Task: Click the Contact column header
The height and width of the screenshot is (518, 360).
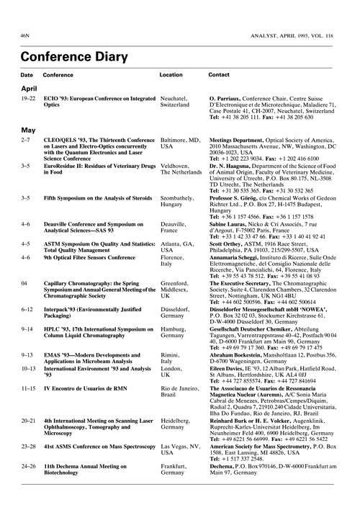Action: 219,74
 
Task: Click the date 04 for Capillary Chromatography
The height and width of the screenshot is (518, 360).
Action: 26,284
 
